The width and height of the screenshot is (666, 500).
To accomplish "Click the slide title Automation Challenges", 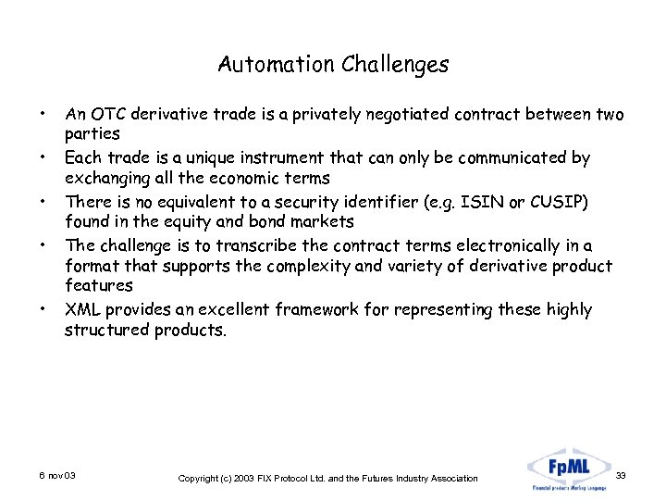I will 333,65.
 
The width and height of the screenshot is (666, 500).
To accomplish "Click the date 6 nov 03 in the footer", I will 57,475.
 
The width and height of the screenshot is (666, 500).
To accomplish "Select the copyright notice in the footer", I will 327,478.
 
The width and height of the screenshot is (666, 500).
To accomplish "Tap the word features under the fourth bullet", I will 99,286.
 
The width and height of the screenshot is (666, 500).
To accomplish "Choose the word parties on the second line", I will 92,135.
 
